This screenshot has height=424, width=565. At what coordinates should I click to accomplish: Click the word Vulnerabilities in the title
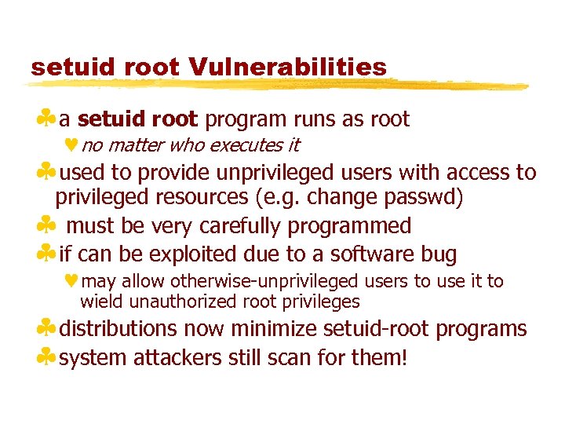[x=288, y=67]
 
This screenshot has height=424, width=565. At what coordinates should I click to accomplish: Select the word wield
[x=99, y=302]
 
